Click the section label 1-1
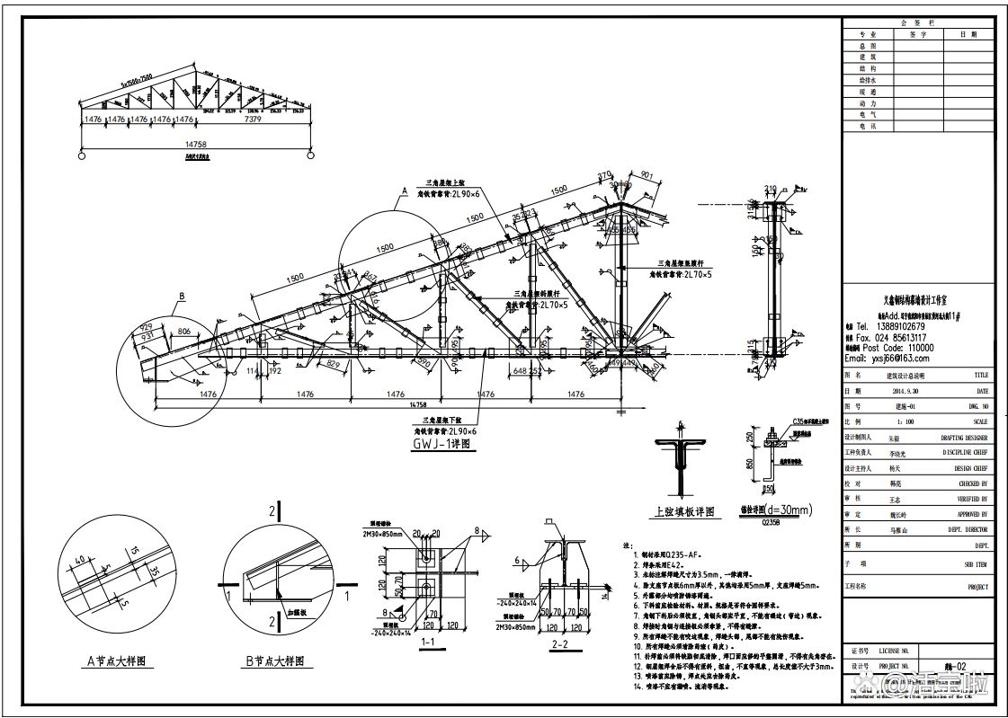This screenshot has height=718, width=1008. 429,643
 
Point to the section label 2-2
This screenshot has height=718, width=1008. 558,643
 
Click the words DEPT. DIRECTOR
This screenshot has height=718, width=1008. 968,529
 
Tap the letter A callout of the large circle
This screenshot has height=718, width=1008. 405,191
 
